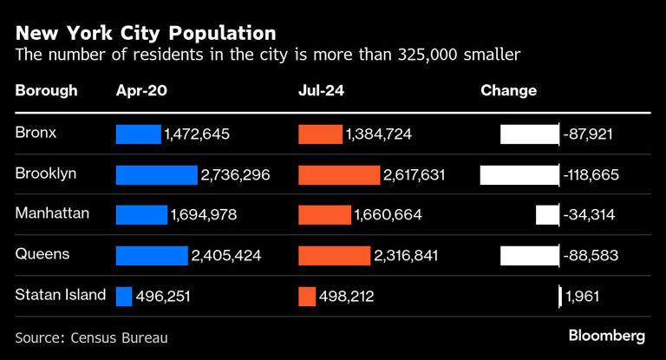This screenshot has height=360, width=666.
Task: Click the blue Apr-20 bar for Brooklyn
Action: tap(156, 174)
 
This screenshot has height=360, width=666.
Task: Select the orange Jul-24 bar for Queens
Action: tap(334, 255)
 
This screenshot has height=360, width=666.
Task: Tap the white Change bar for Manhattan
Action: tap(547, 215)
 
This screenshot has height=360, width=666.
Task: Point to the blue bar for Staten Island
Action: tap(124, 296)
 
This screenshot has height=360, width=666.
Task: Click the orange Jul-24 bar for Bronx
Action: tap(320, 134)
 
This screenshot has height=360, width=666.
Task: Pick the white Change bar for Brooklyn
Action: tap(519, 174)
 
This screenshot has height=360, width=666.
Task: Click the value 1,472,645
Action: tap(198, 134)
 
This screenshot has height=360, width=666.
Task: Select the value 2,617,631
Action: tap(414, 174)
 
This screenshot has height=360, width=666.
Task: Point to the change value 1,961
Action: tap(582, 297)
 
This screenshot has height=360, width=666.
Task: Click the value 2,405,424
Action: tap(225, 256)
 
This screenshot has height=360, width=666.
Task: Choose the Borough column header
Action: tap(46, 90)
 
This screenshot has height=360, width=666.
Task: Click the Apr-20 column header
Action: tap(141, 90)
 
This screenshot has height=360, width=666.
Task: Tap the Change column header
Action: tap(508, 90)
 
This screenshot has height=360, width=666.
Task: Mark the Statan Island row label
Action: tap(60, 295)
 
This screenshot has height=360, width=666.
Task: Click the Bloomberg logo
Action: tap(606, 335)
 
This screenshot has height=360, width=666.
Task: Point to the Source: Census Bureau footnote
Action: tap(91, 337)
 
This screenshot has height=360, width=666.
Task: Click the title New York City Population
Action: tap(146, 33)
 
